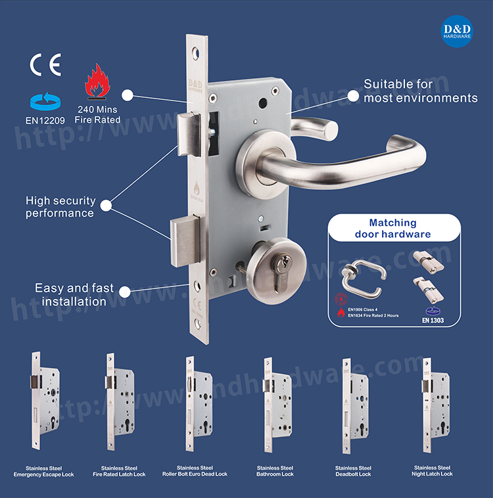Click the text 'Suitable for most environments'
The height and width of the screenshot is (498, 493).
421,91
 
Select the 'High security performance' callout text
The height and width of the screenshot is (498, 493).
60,206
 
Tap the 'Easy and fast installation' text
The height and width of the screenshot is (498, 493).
74,295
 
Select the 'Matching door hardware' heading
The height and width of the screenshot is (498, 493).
392,229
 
